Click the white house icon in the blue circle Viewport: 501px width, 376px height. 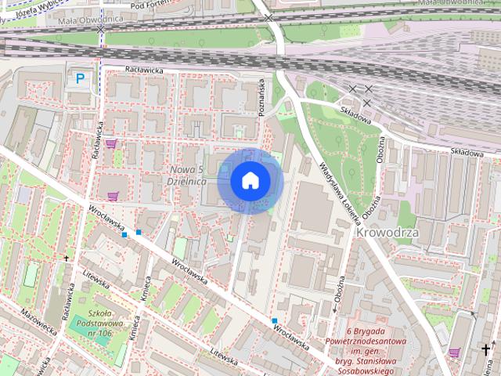pos(250,180)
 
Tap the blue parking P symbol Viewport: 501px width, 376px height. pos(80,78)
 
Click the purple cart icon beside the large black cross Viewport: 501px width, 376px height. pos(455,352)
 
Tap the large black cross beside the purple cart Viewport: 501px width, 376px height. pos(487,349)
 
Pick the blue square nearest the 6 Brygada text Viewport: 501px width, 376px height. pos(275,321)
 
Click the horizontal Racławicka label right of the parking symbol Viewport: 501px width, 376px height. pos(139,70)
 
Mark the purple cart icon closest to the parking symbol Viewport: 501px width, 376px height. pos(110,143)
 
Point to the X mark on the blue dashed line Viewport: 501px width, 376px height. pos(101,27)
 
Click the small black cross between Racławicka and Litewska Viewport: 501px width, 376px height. pos(67,258)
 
